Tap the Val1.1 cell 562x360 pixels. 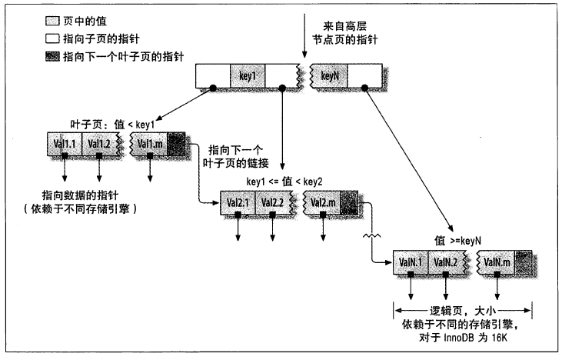coord(65,143)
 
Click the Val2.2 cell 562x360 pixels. coord(275,202)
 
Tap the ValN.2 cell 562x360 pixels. coord(448,262)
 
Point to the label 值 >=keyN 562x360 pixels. coord(458,240)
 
